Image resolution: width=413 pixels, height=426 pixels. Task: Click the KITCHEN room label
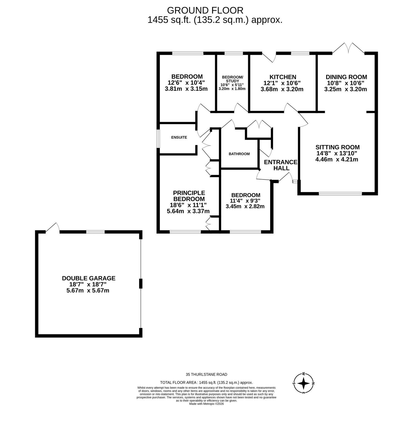pyautogui.click(x=283, y=77)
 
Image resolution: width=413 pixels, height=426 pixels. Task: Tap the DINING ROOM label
pyautogui.click(x=346, y=77)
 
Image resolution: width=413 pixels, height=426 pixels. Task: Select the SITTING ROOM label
pyautogui.click(x=337, y=147)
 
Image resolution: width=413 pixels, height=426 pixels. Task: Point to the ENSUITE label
pyautogui.click(x=179, y=137)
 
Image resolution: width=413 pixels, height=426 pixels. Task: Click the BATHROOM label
pyautogui.click(x=239, y=154)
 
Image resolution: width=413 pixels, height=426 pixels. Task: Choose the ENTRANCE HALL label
pyautogui.click(x=281, y=165)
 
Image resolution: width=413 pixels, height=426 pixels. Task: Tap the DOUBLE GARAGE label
pyautogui.click(x=89, y=278)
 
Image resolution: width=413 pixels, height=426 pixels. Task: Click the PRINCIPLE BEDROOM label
pyautogui.click(x=189, y=196)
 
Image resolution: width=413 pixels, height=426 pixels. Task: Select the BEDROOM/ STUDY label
pyautogui.click(x=232, y=79)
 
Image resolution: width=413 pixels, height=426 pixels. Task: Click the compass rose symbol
pyautogui.click(x=303, y=383)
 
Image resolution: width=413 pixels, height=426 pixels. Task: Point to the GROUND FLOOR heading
pyautogui.click(x=205, y=10)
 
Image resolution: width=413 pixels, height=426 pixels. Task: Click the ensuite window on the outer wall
pyautogui.click(x=158, y=139)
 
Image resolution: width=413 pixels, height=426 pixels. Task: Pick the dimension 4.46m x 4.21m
pyautogui.click(x=337, y=159)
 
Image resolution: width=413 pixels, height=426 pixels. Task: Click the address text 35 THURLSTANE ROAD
pyautogui.click(x=206, y=374)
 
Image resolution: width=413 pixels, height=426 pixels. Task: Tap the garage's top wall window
pyautogui.click(x=95, y=232)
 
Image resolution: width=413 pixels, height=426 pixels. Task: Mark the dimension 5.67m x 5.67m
pyautogui.click(x=88, y=290)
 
